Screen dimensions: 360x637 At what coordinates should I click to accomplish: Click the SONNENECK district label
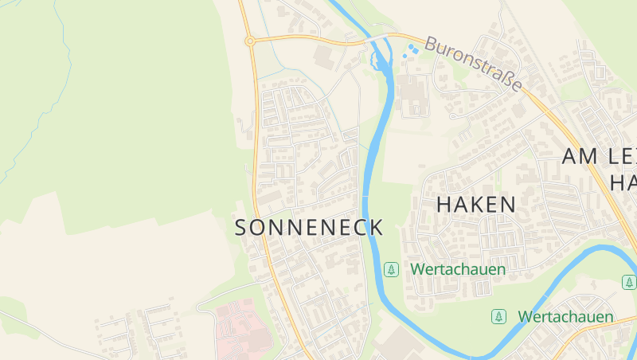pyautogui.click(x=310, y=227)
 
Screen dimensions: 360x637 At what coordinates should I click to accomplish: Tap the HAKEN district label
pyautogui.click(x=476, y=204)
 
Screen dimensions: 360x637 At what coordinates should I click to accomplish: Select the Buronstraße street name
pyautogui.click(x=473, y=62)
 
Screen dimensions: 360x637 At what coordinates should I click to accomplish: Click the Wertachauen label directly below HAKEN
pyautogui.click(x=458, y=269)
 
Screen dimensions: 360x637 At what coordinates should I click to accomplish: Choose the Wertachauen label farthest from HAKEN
pyautogui.click(x=565, y=316)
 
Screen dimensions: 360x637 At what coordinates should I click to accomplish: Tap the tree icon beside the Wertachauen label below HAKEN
pyautogui.click(x=391, y=269)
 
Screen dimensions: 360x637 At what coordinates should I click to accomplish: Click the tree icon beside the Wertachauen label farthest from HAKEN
pyautogui.click(x=498, y=316)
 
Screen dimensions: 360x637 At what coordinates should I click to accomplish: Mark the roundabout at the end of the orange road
pyautogui.click(x=250, y=41)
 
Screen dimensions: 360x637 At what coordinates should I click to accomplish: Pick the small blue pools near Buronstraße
pyautogui.click(x=410, y=51)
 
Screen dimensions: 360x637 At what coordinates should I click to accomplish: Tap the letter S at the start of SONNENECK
pyautogui.click(x=242, y=227)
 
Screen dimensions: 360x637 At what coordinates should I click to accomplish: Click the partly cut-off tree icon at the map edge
pyautogui.click(x=629, y=282)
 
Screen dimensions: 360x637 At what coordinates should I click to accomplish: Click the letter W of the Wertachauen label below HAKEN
pyautogui.click(x=417, y=269)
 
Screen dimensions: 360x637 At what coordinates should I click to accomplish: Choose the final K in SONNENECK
pyautogui.click(x=377, y=227)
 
